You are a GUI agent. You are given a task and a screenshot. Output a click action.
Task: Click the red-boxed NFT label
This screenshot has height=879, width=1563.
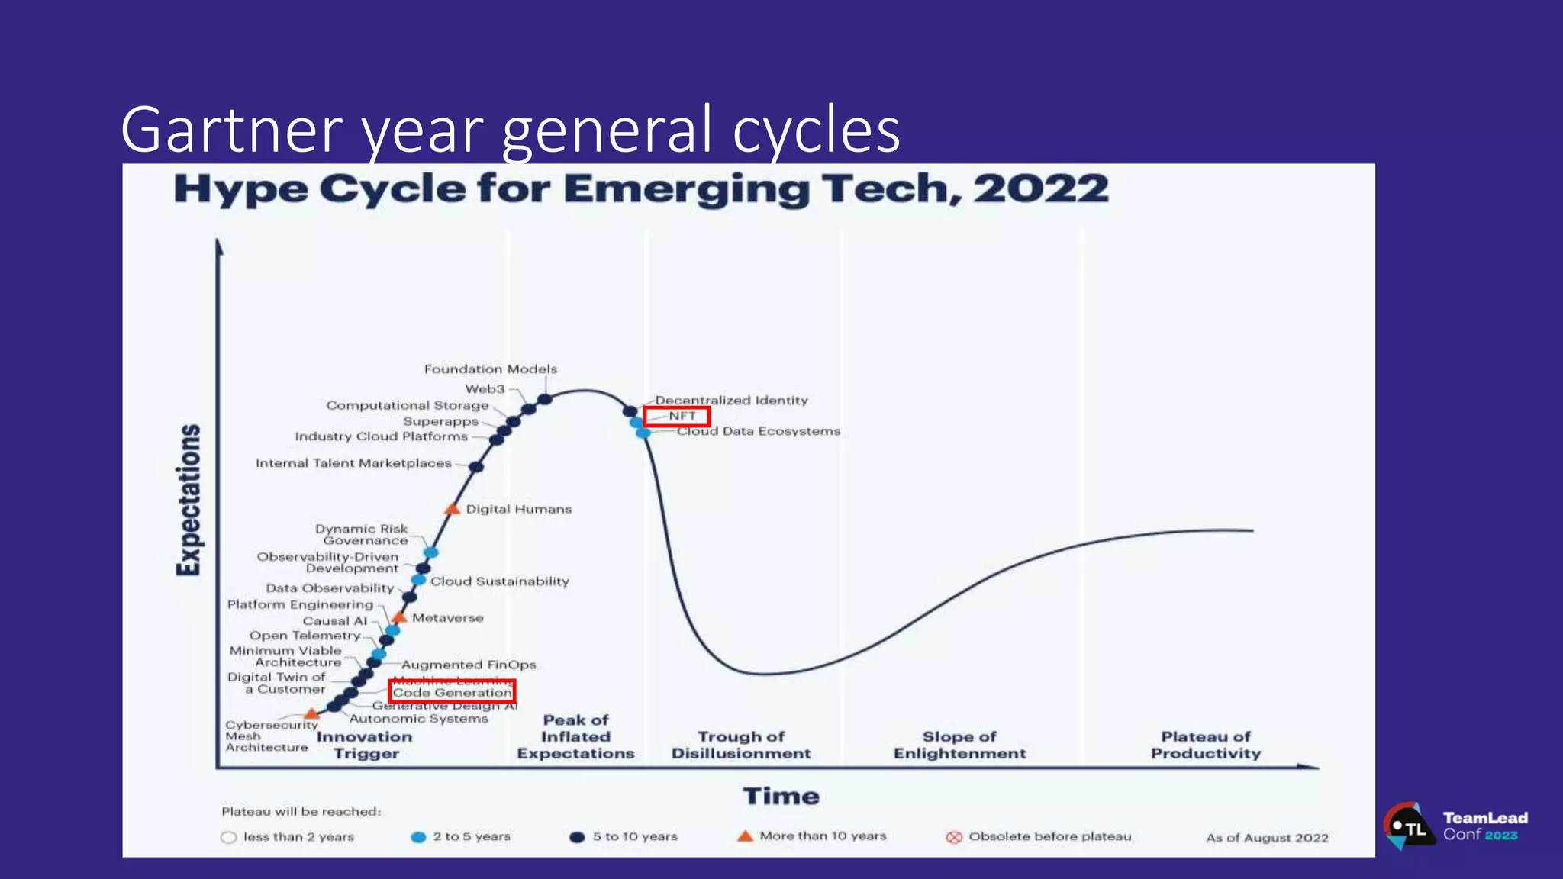tap(677, 416)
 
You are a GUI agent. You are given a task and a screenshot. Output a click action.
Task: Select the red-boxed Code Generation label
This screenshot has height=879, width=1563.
tap(452, 692)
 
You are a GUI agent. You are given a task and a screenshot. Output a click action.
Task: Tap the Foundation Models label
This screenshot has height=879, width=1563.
tap(490, 369)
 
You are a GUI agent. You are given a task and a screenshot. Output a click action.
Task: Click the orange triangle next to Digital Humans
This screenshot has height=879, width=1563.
tap(453, 509)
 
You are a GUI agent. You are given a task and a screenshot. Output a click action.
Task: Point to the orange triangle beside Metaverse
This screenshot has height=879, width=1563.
tap(399, 617)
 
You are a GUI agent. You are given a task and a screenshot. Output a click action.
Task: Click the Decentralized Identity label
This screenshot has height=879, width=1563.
tap(731, 400)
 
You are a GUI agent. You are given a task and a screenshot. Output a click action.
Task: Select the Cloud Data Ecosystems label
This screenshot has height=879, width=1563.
tap(759, 431)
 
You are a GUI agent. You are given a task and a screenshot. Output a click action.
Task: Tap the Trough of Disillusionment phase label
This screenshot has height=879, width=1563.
tap(741, 745)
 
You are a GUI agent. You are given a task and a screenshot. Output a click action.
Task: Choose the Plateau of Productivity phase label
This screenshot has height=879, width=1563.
tap(1206, 745)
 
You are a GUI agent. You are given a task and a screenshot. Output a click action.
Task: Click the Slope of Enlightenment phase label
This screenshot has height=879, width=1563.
tap(959, 745)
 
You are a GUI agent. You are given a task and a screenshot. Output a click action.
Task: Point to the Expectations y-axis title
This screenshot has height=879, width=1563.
tap(189, 500)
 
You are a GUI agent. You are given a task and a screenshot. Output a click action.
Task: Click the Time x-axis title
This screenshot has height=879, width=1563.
tap(781, 797)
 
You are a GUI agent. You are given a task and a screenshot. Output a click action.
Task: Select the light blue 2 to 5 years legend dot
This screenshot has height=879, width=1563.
tap(418, 837)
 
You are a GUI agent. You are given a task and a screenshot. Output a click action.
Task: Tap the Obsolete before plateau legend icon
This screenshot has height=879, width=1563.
tap(954, 837)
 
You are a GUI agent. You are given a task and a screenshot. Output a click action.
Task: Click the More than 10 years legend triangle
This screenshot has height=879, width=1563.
tap(745, 836)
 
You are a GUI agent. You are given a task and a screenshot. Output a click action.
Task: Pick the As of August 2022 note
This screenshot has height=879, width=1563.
tap(1267, 838)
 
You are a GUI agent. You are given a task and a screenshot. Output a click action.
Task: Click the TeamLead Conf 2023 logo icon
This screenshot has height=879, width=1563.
tap(1408, 826)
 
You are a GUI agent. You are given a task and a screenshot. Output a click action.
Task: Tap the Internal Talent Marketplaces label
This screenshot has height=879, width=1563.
tap(353, 463)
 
